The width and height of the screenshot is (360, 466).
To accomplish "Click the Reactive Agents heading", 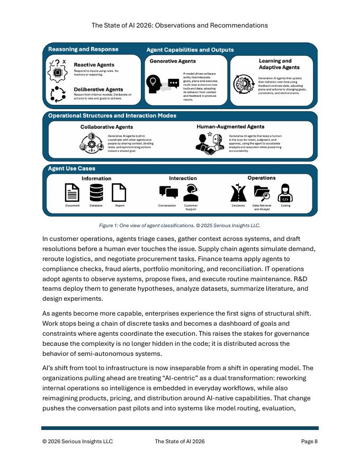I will point(94,65).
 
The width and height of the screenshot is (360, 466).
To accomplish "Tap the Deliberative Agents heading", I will point(98,89).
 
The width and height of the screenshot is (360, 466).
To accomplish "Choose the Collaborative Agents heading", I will point(106,127).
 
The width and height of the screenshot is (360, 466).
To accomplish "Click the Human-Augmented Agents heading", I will point(230,127).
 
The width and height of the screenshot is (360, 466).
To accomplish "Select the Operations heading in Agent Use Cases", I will point(261,178).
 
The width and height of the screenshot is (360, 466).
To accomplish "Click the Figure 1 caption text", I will point(179,225).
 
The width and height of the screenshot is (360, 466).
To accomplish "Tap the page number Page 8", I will point(309,441).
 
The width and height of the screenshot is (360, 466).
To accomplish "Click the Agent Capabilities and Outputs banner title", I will point(190,50).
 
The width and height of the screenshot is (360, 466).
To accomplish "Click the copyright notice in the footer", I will point(77,441).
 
